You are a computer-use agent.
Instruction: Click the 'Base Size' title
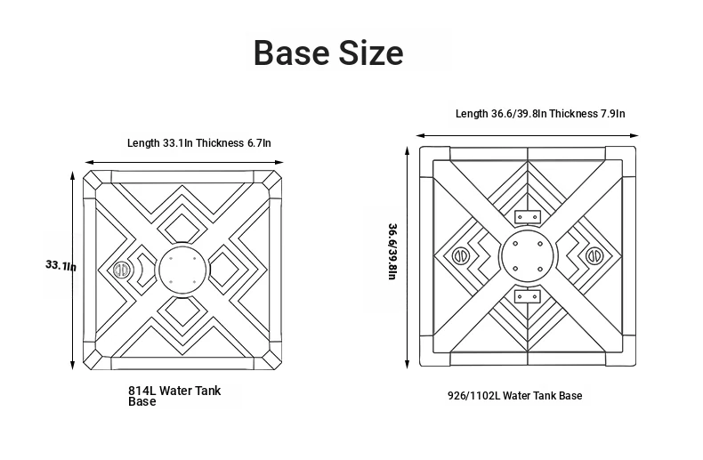[328, 52]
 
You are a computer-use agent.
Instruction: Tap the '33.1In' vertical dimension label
[61, 265]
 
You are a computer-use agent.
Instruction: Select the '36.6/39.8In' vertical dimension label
[392, 252]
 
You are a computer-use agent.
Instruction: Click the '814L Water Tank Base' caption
[174, 396]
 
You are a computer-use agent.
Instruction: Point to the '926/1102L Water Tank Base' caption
[514, 396]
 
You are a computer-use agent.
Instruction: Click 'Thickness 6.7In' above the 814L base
[233, 143]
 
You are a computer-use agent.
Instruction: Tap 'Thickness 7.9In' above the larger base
[587, 113]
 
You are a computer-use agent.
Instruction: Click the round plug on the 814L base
[121, 270]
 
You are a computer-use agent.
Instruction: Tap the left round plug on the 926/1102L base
[459, 256]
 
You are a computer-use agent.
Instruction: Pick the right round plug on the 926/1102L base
[594, 256]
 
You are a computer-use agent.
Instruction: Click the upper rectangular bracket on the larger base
[527, 217]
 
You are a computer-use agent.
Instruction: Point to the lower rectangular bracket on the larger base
[527, 296]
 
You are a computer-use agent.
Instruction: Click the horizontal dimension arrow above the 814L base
[184, 162]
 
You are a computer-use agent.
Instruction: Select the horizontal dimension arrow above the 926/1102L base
[527, 135]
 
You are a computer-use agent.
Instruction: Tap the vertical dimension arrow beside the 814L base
[72, 270]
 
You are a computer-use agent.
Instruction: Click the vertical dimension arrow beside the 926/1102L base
[407, 257]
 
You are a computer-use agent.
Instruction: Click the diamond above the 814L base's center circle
[182, 228]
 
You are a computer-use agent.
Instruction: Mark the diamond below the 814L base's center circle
[182, 311]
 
